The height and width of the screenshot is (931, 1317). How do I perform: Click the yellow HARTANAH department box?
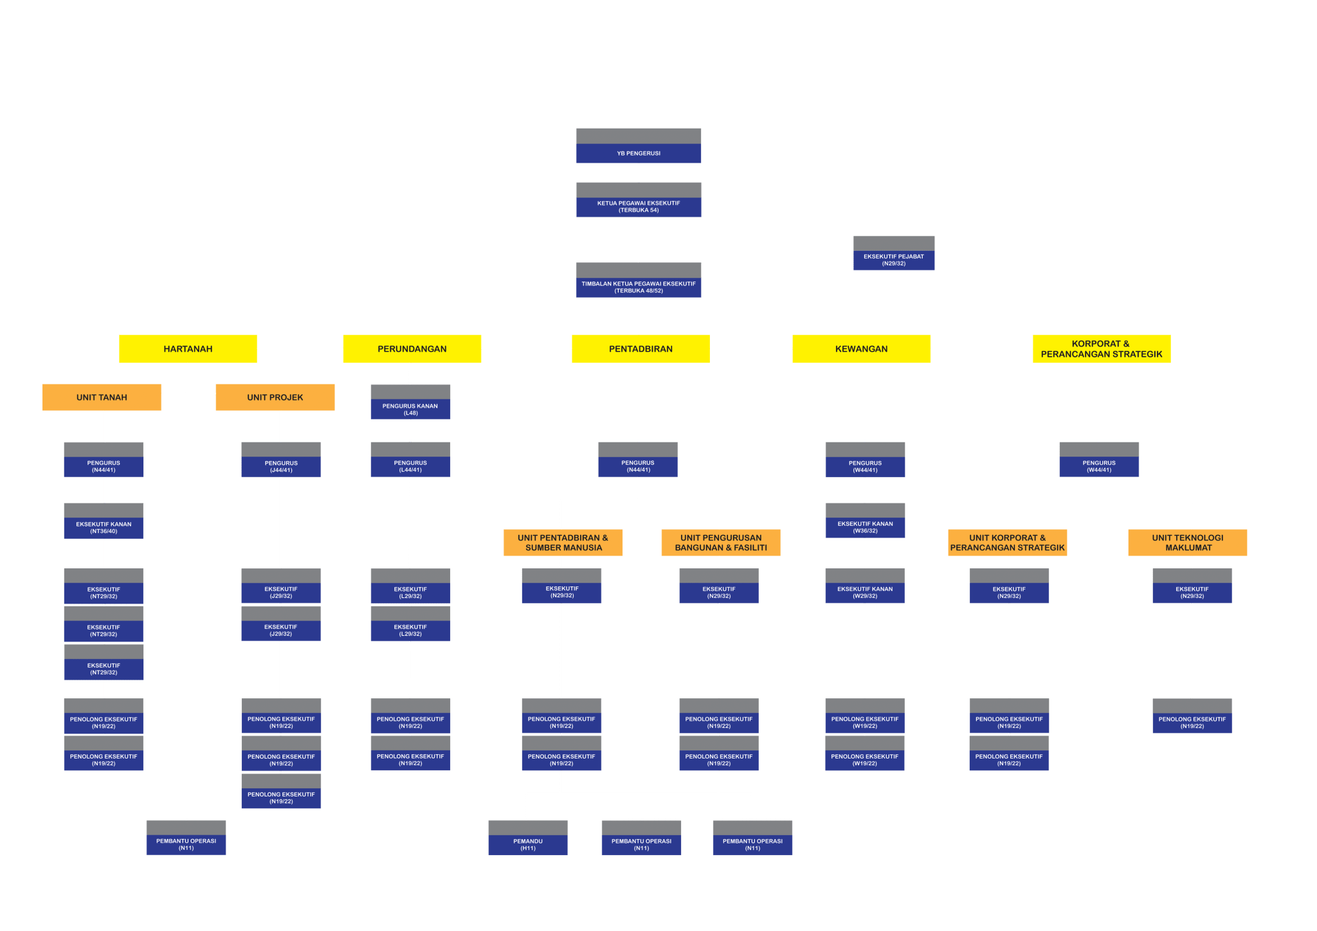(x=188, y=348)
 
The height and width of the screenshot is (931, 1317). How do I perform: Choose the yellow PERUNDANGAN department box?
(x=412, y=348)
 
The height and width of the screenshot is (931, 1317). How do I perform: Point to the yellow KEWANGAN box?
(x=861, y=348)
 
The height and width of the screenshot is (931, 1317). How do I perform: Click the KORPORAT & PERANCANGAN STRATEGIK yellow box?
(x=1102, y=348)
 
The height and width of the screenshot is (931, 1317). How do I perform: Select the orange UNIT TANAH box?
(x=102, y=397)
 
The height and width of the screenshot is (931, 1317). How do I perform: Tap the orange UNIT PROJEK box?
(x=275, y=397)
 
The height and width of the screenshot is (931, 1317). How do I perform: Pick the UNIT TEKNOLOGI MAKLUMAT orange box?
(x=1187, y=543)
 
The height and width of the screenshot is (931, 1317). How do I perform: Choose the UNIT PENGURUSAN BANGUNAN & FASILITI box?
(x=721, y=543)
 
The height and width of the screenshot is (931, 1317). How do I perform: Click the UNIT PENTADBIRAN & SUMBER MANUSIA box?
(x=563, y=543)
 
